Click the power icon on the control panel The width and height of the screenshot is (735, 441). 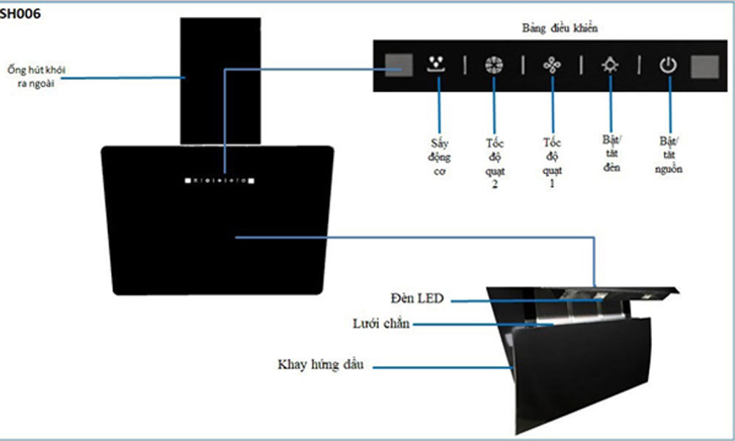coord(668,65)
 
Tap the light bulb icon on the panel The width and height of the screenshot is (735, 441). coord(610,65)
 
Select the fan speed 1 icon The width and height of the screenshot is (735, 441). coord(552,65)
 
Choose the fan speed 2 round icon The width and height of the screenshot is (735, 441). coord(494,65)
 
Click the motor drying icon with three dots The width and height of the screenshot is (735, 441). coord(437,64)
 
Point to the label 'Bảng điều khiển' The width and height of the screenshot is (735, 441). coord(559,28)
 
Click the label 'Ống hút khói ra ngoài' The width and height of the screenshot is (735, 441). coord(36,76)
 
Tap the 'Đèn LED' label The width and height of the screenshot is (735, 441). coord(417,298)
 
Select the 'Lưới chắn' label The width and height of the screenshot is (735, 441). coord(381,323)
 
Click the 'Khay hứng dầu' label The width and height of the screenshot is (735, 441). coord(320,365)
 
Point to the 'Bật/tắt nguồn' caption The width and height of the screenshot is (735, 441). coord(668,154)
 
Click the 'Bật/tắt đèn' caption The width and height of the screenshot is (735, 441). coord(612,154)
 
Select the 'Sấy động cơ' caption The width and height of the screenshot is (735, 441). coord(440,157)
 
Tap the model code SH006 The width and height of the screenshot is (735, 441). coord(20,13)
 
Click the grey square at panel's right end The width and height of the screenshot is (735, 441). coord(705,66)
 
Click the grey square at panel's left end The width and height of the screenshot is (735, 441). coord(398,65)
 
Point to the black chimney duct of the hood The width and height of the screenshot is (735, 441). coord(220,81)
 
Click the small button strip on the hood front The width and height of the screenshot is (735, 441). coord(219,180)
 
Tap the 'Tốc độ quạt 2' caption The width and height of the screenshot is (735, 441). coord(495,163)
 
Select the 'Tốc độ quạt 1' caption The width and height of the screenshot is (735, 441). coord(552,162)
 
